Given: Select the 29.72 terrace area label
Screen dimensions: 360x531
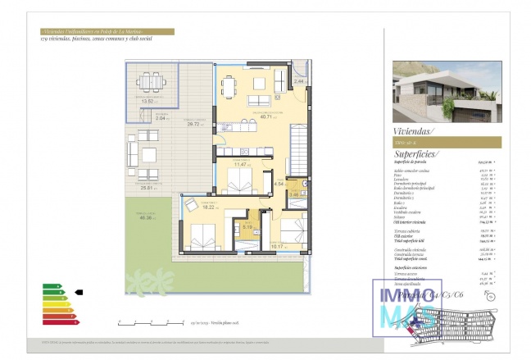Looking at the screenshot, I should tap(194, 125).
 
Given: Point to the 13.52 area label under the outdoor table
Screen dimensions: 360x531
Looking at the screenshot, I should tap(148, 101).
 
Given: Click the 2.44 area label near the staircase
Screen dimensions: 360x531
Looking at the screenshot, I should tap(300, 82).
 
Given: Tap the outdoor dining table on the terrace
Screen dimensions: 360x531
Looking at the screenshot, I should tap(149, 82).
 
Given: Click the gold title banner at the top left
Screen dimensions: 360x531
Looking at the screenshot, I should tap(106, 32).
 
